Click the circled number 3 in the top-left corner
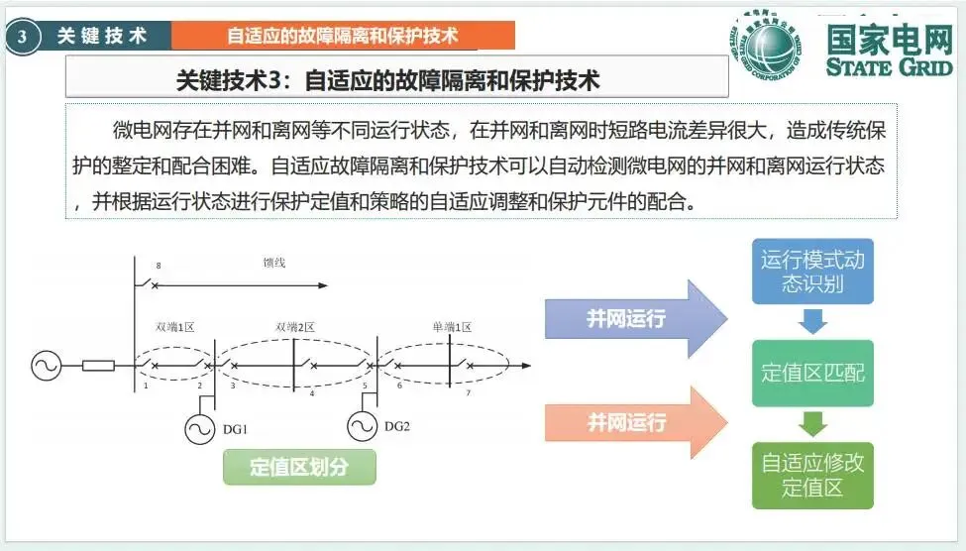point(22,37)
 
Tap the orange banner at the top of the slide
point(343,36)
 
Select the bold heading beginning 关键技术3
point(387,78)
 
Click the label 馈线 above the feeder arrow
point(274,264)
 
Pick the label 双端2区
point(294,327)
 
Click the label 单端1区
point(452,327)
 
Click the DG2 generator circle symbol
point(363,426)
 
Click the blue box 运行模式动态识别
point(812,273)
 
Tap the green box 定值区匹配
point(812,373)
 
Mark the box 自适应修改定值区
point(812,475)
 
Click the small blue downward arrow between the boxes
point(812,322)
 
